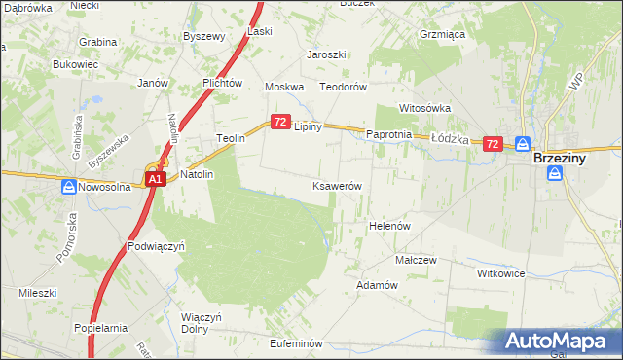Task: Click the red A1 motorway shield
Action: (x=155, y=180)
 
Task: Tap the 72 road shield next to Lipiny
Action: (x=280, y=122)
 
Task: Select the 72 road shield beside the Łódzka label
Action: (x=493, y=144)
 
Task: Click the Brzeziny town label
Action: (x=566, y=157)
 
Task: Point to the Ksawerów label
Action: (x=338, y=186)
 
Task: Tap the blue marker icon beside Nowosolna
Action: (x=69, y=187)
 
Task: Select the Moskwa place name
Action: (x=285, y=87)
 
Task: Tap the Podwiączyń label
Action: (x=156, y=247)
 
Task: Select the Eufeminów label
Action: (x=296, y=343)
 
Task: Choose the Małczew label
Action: (x=415, y=261)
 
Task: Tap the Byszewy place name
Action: (x=204, y=36)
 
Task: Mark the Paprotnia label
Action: (x=390, y=134)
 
